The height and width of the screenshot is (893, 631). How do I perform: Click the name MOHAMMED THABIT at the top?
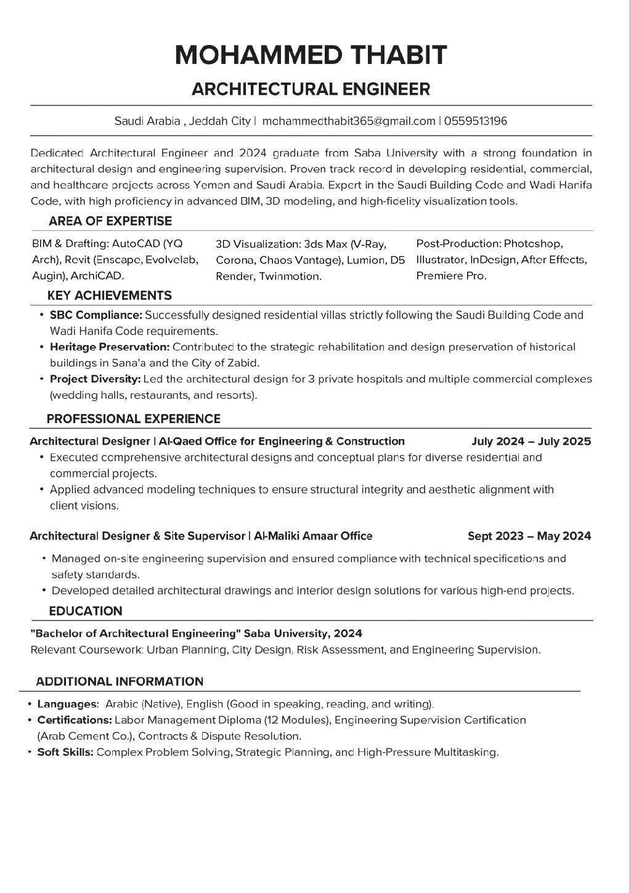coord(311,55)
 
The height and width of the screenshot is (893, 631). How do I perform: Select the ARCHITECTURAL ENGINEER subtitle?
coord(311,89)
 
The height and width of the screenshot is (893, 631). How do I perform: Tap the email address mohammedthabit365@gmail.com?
coord(349,121)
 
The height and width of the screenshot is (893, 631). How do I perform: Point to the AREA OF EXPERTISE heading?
coord(110,221)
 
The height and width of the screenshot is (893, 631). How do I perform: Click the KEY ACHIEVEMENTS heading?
coord(110,296)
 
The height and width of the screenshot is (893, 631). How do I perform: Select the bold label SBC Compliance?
coord(96,315)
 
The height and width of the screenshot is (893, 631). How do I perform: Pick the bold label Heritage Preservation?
coord(110,347)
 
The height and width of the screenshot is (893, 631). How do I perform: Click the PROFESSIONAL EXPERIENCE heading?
coord(133,419)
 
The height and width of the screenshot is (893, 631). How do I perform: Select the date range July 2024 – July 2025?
coord(531,442)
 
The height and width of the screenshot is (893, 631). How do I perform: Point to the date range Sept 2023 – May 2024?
coord(529,536)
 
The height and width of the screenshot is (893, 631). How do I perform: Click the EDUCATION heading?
coord(86,612)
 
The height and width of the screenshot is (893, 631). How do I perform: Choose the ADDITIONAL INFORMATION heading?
coord(120,682)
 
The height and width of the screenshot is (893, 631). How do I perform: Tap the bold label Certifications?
coord(75,720)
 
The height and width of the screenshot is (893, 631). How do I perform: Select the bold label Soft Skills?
coord(65,752)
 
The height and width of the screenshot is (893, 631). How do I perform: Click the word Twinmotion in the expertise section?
coord(290,277)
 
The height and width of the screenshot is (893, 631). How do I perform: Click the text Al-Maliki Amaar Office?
coord(313,536)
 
